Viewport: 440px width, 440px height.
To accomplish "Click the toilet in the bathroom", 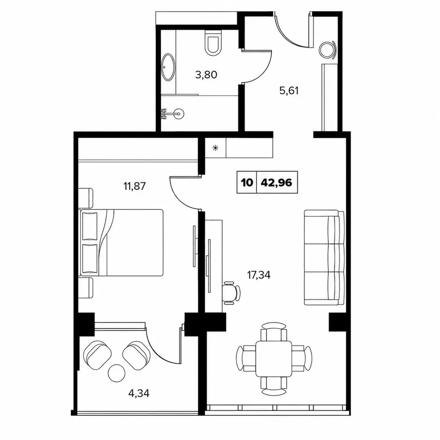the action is pyautogui.click(x=213, y=42).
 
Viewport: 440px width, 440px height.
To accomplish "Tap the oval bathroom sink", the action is pyautogui.click(x=169, y=67).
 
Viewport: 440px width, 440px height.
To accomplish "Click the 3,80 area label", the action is pyautogui.click(x=206, y=75).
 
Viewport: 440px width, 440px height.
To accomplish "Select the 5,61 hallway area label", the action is pyautogui.click(x=289, y=91).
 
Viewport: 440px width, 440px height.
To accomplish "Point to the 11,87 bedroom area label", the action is pyautogui.click(x=134, y=186).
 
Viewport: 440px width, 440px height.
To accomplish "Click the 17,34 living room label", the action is pyautogui.click(x=259, y=275).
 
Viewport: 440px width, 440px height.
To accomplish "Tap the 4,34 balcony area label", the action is pyautogui.click(x=139, y=393).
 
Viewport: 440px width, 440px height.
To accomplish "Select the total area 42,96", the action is pyautogui.click(x=276, y=183).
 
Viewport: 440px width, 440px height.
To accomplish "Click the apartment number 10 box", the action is pyautogui.click(x=247, y=183).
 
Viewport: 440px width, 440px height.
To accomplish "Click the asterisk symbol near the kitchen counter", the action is pyautogui.click(x=215, y=148).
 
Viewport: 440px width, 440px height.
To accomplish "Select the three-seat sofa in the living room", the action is pyautogui.click(x=324, y=257).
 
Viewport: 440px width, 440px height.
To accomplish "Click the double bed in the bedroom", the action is pyautogui.click(x=121, y=242).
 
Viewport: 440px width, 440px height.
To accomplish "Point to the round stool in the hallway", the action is pyautogui.click(x=327, y=50).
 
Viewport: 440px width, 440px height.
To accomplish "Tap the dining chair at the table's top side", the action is pyautogui.click(x=274, y=331).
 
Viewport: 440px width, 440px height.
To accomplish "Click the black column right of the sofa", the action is pyautogui.click(x=337, y=322).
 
